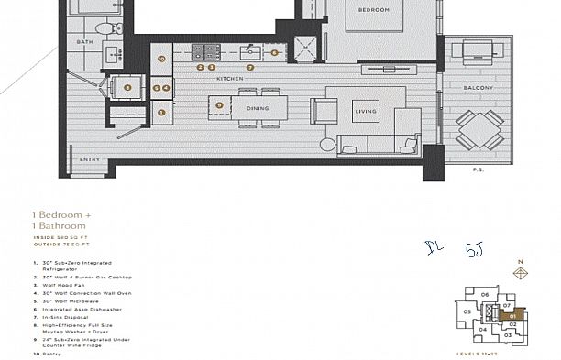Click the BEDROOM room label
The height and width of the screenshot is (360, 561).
[374, 10]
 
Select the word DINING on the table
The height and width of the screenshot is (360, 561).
[258, 109]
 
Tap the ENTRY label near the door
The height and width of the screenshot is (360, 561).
[90, 160]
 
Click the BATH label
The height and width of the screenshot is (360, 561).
[84, 42]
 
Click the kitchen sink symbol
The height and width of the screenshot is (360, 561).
[247, 51]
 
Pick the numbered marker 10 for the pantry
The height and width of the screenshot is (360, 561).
[161, 59]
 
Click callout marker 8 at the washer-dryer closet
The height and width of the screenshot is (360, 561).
[127, 88]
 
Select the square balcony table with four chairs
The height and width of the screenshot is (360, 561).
[478, 128]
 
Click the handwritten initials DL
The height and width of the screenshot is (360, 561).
[434, 247]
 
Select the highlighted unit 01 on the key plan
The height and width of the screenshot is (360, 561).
[513, 313]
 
